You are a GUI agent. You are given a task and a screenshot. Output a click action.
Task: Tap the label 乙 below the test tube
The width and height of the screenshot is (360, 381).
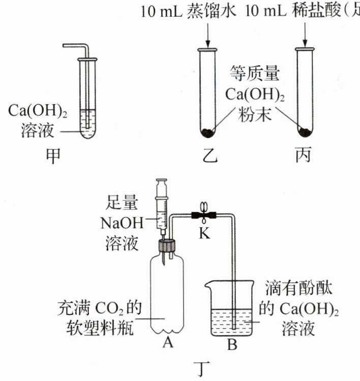tap(210, 155)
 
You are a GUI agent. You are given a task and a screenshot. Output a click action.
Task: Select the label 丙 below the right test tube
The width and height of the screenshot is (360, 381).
tap(303, 155)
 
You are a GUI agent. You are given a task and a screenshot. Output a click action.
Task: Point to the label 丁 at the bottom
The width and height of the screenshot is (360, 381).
tap(202, 369)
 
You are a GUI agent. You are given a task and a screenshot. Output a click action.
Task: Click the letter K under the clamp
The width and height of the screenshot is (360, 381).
tap(204, 233)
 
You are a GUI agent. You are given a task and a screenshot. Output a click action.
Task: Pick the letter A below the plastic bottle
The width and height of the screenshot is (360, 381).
tap(168, 342)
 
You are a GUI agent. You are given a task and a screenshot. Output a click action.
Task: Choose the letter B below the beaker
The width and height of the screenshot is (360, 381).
tap(232, 344)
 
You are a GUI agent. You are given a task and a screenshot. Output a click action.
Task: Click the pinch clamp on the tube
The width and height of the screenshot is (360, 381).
tap(204, 214)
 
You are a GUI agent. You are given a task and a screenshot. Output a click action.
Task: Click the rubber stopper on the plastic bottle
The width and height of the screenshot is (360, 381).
tap(167, 246)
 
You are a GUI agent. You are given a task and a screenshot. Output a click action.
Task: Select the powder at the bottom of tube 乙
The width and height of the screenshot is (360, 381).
tap(208, 133)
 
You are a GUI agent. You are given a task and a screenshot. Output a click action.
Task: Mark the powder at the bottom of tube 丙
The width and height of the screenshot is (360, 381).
tap(305, 132)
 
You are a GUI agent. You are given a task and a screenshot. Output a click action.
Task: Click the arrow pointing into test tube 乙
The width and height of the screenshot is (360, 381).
tap(208, 36)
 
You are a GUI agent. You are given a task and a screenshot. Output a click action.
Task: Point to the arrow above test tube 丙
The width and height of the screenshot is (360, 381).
tap(305, 35)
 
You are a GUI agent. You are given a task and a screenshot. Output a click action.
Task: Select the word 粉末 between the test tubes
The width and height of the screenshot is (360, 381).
tap(254, 114)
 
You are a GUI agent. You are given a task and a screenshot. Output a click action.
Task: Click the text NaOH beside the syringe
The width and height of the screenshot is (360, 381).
tap(122, 223)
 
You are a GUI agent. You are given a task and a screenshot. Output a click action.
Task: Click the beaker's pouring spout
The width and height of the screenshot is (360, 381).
tap(208, 284)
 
